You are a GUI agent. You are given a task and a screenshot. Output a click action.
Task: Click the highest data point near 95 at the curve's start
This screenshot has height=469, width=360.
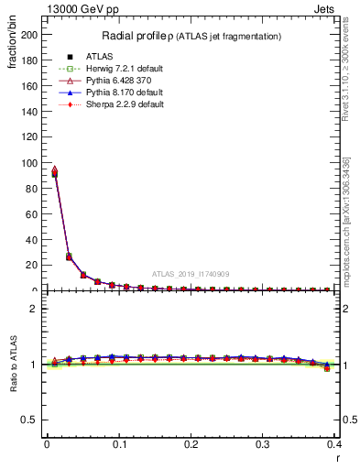(x=54, y=169)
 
